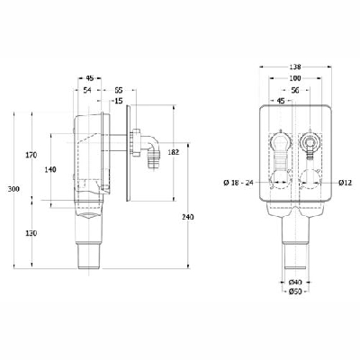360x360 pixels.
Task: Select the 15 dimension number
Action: (x=119, y=101)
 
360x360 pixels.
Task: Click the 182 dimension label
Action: (x=175, y=154)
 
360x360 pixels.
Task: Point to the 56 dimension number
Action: (x=294, y=90)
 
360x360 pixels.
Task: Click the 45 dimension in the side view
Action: (x=92, y=77)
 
